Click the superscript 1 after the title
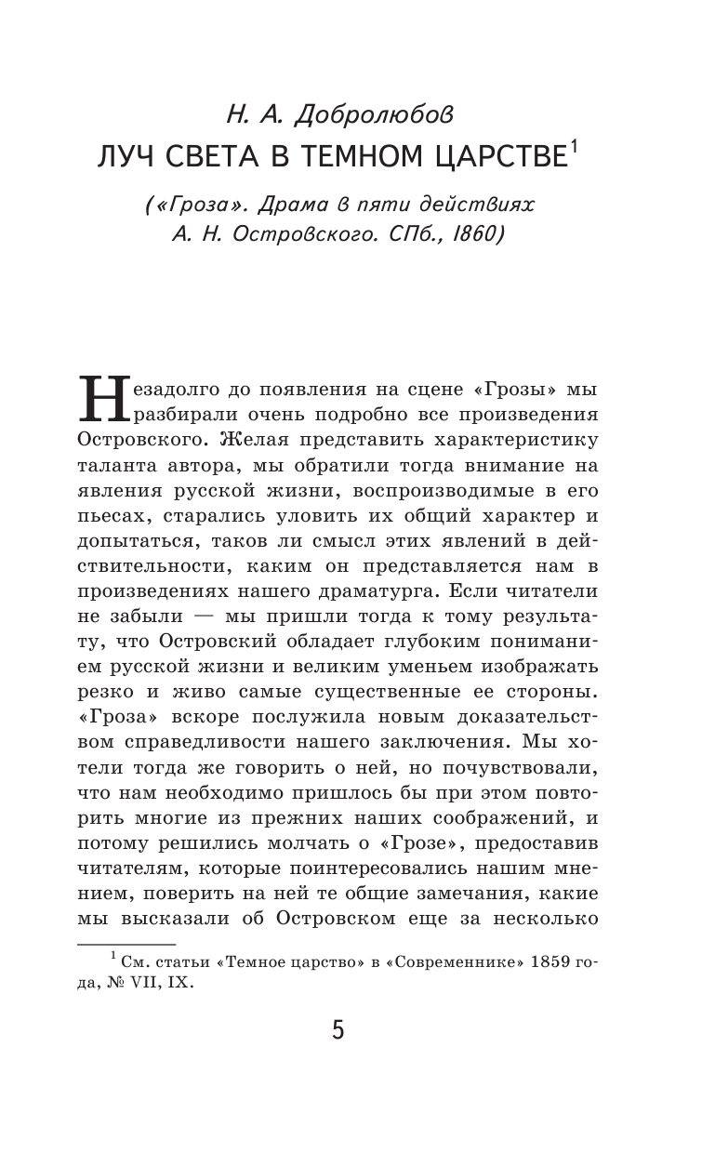574,147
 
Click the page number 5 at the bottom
338,1030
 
